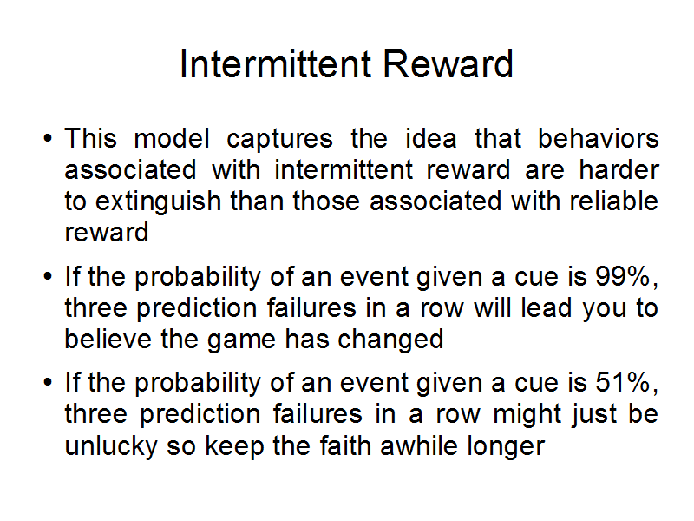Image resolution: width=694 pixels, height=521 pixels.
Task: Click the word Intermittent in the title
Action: coord(275,64)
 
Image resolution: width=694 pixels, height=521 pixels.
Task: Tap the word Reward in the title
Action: coord(448,64)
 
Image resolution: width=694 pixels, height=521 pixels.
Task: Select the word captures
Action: coord(279,140)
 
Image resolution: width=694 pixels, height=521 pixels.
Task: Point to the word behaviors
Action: coord(598,138)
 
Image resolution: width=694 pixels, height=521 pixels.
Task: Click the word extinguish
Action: coord(159,202)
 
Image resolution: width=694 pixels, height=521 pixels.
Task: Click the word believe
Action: coord(108,339)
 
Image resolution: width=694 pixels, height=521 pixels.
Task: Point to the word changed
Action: coord(390,340)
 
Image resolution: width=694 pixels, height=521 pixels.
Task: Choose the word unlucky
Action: coord(111,446)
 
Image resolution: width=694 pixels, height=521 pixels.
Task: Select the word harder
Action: coord(619,169)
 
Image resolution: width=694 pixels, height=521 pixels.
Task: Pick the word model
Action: coord(172,138)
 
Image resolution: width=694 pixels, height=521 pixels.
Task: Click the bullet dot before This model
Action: coord(48,138)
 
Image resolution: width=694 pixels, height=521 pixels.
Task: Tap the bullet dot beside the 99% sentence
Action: coord(48,276)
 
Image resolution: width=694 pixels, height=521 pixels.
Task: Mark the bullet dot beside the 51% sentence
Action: coord(48,382)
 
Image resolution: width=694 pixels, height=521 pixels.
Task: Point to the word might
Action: coord(527,415)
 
